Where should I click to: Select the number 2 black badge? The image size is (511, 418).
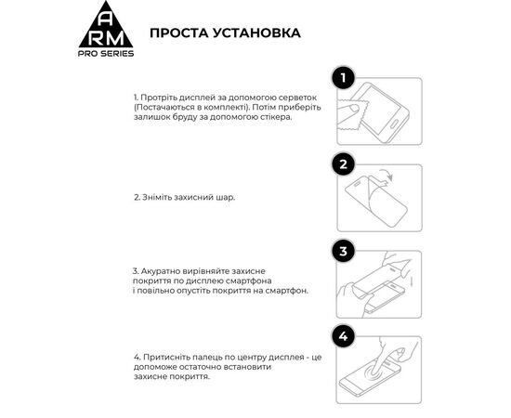[x=344, y=164]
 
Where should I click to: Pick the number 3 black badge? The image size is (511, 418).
[x=344, y=251]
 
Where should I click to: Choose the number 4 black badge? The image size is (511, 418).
[x=344, y=336]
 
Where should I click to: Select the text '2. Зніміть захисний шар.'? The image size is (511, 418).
[x=184, y=197]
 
